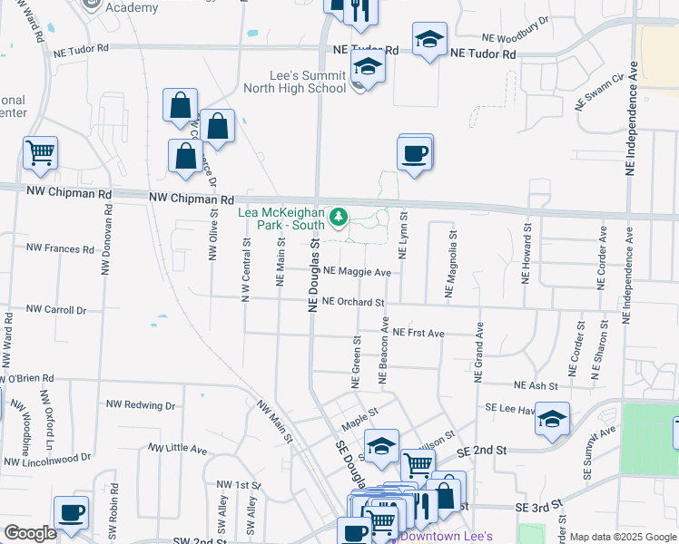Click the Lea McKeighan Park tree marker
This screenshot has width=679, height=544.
(339, 216)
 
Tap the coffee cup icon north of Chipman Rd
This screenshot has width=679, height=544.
(415, 152)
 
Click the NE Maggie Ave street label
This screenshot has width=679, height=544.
(357, 272)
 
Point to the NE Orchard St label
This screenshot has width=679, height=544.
(353, 303)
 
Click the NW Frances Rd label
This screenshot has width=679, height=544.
(60, 248)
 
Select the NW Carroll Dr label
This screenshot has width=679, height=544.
(55, 309)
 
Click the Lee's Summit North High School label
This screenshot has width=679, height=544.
(294, 82)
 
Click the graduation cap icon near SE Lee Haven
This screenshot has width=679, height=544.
(552, 420)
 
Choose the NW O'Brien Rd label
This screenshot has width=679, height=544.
(27, 378)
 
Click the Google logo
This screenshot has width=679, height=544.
(31, 532)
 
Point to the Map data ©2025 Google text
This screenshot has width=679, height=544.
(623, 537)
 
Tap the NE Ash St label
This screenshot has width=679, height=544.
(536, 386)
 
